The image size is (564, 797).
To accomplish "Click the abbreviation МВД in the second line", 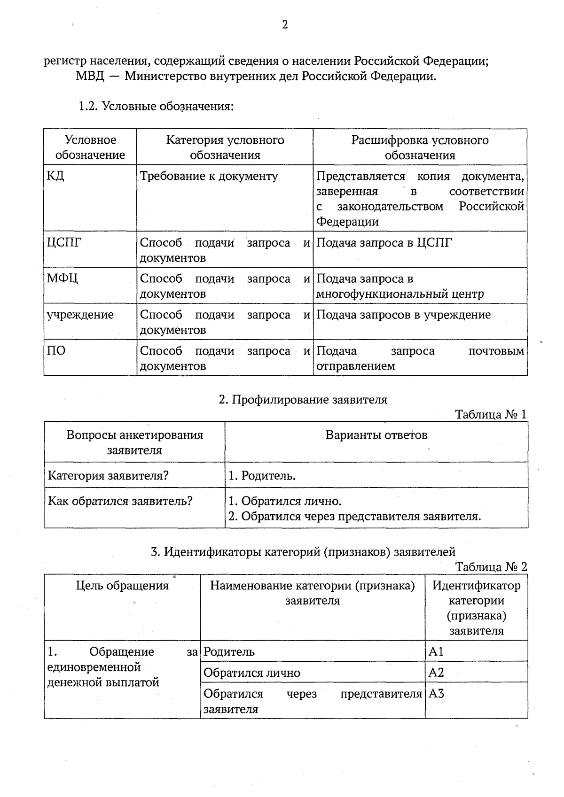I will (89, 76).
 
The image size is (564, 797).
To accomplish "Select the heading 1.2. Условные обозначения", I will (156, 107).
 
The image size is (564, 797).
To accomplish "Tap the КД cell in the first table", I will (55, 176).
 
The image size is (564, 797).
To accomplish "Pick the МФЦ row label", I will (62, 279).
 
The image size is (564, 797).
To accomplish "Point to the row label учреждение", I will (80, 315).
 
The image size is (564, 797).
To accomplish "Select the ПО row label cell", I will (56, 351).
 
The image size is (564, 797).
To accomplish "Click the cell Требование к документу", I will (209, 176).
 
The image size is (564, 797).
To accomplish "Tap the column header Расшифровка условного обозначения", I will (420, 147).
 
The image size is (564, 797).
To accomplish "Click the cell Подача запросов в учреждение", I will (403, 315).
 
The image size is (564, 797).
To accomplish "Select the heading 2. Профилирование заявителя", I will (303, 400).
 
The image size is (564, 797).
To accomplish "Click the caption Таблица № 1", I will (491, 415).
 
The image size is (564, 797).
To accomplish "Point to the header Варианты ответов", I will (376, 435).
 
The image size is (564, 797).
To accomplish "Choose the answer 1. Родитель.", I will (262, 476).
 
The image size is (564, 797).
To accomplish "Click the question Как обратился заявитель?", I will (120, 501).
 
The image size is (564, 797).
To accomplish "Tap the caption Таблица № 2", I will (491, 567).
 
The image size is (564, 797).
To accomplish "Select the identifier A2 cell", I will (436, 673).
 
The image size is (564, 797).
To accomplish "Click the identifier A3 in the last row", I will (436, 694).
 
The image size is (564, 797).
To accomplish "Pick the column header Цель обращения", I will (122, 586).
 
